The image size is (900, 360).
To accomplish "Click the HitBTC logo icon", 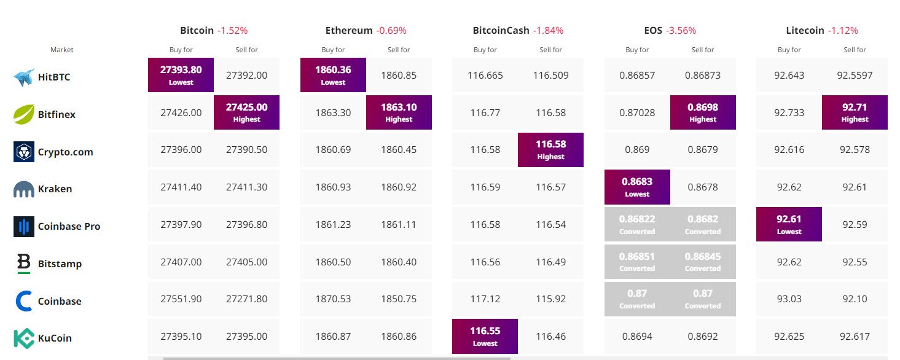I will (x=23, y=77).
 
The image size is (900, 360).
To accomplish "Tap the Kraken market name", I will (x=55, y=189).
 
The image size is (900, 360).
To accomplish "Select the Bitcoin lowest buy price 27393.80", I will (x=181, y=75).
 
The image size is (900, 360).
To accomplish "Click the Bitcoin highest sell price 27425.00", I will (x=246, y=112).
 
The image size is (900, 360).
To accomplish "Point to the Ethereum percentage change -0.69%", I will (x=391, y=30).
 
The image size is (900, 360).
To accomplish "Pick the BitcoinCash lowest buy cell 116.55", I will (x=485, y=336).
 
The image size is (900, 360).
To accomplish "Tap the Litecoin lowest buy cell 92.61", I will (x=789, y=224).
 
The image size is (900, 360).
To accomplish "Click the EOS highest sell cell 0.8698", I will (x=703, y=112).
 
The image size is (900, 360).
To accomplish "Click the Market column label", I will (x=61, y=50).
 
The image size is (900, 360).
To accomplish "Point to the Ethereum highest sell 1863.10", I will (x=399, y=112).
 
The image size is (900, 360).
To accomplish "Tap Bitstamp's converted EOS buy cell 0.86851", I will (x=637, y=262).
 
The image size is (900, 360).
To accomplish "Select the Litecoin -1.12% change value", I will (x=843, y=30).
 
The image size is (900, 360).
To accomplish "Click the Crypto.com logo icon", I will (x=23, y=152).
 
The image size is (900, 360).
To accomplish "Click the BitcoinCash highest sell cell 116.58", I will (x=550, y=150).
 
